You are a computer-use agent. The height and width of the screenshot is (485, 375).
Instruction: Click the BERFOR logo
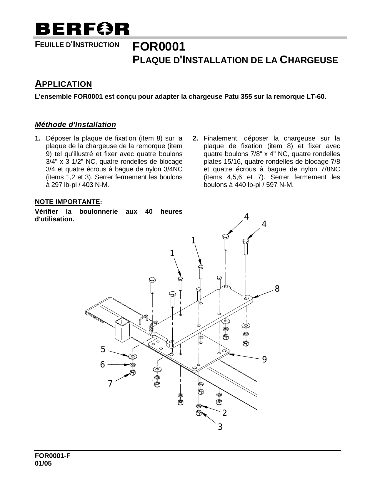tap(82, 29)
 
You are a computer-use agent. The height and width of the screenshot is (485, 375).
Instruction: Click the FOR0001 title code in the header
tap(159, 47)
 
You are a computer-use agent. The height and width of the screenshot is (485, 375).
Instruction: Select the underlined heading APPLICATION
tap(64, 84)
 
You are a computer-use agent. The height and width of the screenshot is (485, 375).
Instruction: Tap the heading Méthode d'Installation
tap(75, 125)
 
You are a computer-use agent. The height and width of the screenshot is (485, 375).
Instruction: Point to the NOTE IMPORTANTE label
tap(67, 202)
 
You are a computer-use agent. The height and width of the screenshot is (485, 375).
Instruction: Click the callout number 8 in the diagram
tap(277, 289)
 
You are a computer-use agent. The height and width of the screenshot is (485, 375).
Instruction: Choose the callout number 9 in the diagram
tap(264, 359)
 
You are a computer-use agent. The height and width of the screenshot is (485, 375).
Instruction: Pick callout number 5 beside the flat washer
tap(103, 349)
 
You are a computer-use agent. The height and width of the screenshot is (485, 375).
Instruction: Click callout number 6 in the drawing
tap(102, 364)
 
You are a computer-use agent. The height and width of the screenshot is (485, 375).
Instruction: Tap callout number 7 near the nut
tap(110, 383)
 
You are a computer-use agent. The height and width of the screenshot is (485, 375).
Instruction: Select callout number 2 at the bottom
tap(224, 413)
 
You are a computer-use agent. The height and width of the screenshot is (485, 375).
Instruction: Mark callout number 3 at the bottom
tap(220, 427)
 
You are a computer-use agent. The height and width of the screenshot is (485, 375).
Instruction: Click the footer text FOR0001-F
tap(53, 456)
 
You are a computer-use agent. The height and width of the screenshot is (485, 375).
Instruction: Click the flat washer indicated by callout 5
tap(133, 357)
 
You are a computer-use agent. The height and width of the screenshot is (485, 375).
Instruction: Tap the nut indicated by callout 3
tap(199, 413)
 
